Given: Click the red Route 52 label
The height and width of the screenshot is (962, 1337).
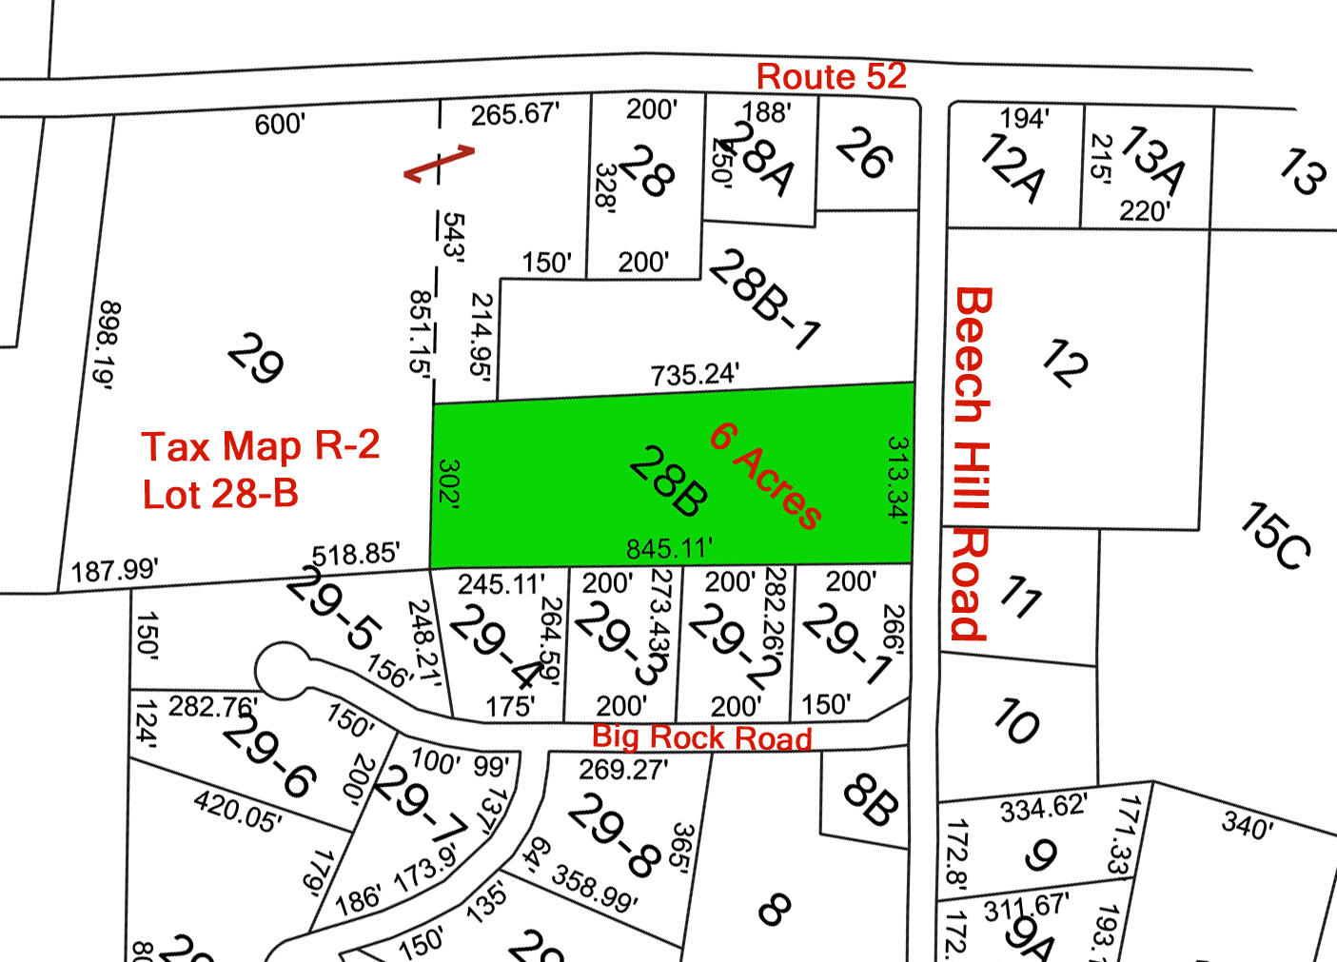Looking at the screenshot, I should (831, 76).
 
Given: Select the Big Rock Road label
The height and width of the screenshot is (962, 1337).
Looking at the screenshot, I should (701, 737).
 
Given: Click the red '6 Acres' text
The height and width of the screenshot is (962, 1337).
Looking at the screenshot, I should (765, 475).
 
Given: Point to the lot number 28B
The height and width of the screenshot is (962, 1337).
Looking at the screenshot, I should (668, 481).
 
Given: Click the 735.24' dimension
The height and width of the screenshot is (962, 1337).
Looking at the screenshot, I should (695, 374).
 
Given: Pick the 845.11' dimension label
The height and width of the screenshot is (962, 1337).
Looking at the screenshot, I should (669, 548).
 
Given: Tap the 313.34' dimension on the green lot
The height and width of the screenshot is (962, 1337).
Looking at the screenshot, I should (896, 480).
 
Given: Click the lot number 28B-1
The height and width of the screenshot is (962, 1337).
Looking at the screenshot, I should (764, 299).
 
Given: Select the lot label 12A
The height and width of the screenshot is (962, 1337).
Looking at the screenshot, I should (1011, 168).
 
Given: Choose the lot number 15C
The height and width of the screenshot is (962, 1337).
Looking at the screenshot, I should (1275, 537).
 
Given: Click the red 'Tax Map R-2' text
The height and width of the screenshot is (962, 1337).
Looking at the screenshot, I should (261, 445).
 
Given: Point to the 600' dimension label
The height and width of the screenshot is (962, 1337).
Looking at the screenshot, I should (280, 125).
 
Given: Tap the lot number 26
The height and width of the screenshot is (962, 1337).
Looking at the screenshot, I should (864, 152).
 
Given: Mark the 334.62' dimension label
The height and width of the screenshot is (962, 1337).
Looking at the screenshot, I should (1042, 809).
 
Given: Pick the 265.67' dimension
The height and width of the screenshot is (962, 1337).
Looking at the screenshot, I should (515, 114).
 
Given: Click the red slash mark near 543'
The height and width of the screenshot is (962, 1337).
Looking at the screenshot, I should (439, 163).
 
